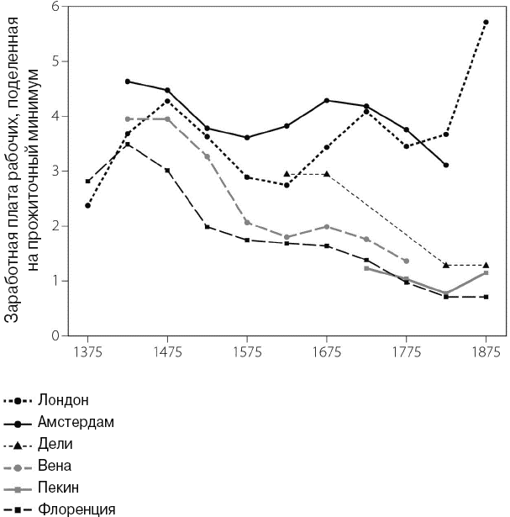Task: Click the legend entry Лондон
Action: [x=64, y=399]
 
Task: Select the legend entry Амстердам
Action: [x=76, y=421]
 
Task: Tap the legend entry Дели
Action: [x=55, y=443]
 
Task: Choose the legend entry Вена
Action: [x=55, y=465]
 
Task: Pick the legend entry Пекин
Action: [x=60, y=487]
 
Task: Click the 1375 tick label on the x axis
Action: [x=87, y=351]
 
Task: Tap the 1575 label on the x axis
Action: [x=247, y=351]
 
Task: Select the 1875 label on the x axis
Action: [x=486, y=351]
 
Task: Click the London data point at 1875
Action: [x=486, y=22]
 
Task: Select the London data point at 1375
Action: [x=87, y=205]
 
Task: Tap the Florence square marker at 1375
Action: [x=87, y=181]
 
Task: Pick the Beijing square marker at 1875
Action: [x=486, y=272]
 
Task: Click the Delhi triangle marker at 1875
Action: [x=486, y=265]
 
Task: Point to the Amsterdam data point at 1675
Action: [x=326, y=100]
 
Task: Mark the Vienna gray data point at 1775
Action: [x=406, y=261]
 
